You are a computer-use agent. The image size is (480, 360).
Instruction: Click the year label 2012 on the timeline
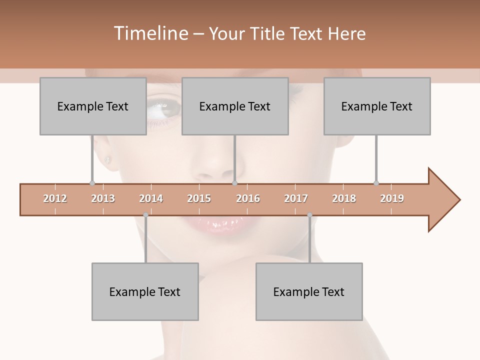(x=55, y=198)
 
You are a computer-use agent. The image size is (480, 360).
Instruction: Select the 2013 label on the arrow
(x=103, y=198)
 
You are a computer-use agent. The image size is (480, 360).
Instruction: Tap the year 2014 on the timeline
(x=151, y=198)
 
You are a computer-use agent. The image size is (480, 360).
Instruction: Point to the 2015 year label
(x=199, y=198)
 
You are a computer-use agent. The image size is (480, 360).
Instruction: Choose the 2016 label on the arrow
(x=248, y=198)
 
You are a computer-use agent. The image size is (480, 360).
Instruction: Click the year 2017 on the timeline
(x=296, y=198)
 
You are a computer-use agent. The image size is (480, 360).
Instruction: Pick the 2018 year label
(x=344, y=198)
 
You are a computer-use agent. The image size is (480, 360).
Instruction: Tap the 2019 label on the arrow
(x=392, y=198)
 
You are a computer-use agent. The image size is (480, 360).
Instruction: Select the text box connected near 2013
(x=93, y=106)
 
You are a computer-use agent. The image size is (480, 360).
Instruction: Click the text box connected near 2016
(x=235, y=106)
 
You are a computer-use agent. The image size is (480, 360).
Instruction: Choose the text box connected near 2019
(x=377, y=106)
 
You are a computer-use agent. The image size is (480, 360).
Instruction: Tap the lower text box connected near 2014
(x=145, y=291)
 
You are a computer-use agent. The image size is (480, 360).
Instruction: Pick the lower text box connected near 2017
(x=309, y=291)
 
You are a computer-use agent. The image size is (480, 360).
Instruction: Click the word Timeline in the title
(x=150, y=33)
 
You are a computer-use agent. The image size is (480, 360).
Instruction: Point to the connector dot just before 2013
(x=92, y=183)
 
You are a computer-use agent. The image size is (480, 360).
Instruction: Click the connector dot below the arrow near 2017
(x=309, y=215)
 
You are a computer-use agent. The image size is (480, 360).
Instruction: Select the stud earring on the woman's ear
(x=107, y=160)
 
